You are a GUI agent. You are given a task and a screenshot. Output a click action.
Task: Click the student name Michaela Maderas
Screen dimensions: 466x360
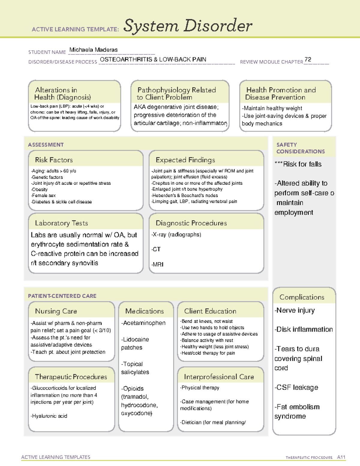click(93, 50)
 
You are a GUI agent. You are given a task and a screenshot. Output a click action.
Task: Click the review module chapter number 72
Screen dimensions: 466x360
click(308, 59)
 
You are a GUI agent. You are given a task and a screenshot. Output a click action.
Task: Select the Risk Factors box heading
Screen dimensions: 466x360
click(54, 160)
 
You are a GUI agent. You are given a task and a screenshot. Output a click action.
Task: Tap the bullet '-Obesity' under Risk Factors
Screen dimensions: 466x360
click(39, 189)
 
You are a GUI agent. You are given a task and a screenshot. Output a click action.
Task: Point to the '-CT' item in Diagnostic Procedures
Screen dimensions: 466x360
click(156, 249)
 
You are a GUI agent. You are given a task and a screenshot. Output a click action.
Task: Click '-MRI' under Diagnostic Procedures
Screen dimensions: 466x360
click(157, 264)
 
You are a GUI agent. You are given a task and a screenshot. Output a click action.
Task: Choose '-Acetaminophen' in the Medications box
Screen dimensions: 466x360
click(143, 323)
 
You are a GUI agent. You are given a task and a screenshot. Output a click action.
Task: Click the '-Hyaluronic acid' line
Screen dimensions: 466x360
click(49, 416)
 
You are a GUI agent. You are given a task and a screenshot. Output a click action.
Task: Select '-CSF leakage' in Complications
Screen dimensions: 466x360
click(296, 387)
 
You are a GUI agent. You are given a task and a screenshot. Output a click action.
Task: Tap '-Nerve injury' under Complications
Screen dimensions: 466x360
click(295, 310)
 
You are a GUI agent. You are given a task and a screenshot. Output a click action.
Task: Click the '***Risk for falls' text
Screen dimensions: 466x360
click(298, 164)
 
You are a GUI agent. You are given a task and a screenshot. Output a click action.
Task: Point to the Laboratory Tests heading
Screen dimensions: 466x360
click(61, 223)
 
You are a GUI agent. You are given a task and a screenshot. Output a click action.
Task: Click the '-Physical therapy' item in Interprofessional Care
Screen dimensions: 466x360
click(200, 388)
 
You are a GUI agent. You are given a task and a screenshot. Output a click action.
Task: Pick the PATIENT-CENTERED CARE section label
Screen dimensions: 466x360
click(62, 296)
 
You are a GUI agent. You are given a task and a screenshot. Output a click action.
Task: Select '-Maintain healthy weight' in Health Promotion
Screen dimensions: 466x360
click(272, 108)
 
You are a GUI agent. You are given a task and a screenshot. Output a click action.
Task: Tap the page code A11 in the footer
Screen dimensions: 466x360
click(341, 457)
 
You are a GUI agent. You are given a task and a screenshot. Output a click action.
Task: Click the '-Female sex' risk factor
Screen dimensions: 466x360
click(43, 195)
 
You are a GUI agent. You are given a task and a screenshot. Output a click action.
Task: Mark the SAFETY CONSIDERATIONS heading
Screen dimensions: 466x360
click(300, 148)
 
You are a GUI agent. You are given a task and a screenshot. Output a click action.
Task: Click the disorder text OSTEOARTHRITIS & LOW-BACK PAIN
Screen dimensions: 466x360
click(153, 59)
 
